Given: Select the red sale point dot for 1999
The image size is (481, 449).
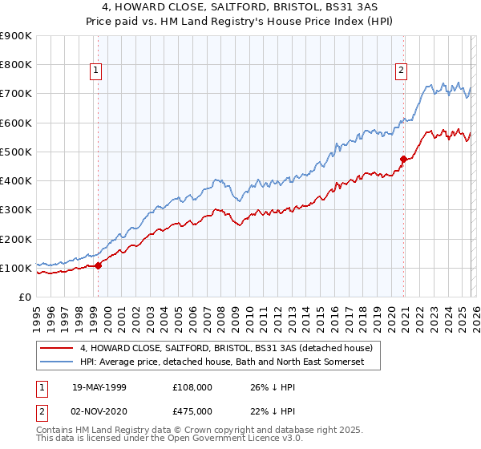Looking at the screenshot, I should [x=98, y=265].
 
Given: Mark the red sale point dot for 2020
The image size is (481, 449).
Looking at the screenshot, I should [x=402, y=159].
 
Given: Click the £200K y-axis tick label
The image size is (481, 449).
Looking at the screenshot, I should [x=16, y=239].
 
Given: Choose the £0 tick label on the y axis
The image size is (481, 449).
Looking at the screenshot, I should [x=24, y=297].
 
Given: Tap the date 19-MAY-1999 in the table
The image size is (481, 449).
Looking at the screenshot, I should [x=99, y=386].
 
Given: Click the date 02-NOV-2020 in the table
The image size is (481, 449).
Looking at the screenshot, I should [x=99, y=410].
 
